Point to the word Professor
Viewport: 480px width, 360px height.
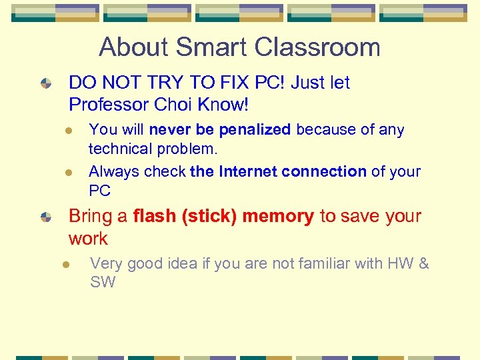coord(109,105)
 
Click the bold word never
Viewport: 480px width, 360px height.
coord(169,129)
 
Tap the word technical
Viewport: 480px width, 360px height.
coord(121,147)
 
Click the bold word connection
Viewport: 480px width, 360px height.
coord(324,171)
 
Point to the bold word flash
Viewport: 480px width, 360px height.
coord(155,216)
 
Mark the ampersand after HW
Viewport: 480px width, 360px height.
coord(423,263)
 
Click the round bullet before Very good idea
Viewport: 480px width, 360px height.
coord(67,264)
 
